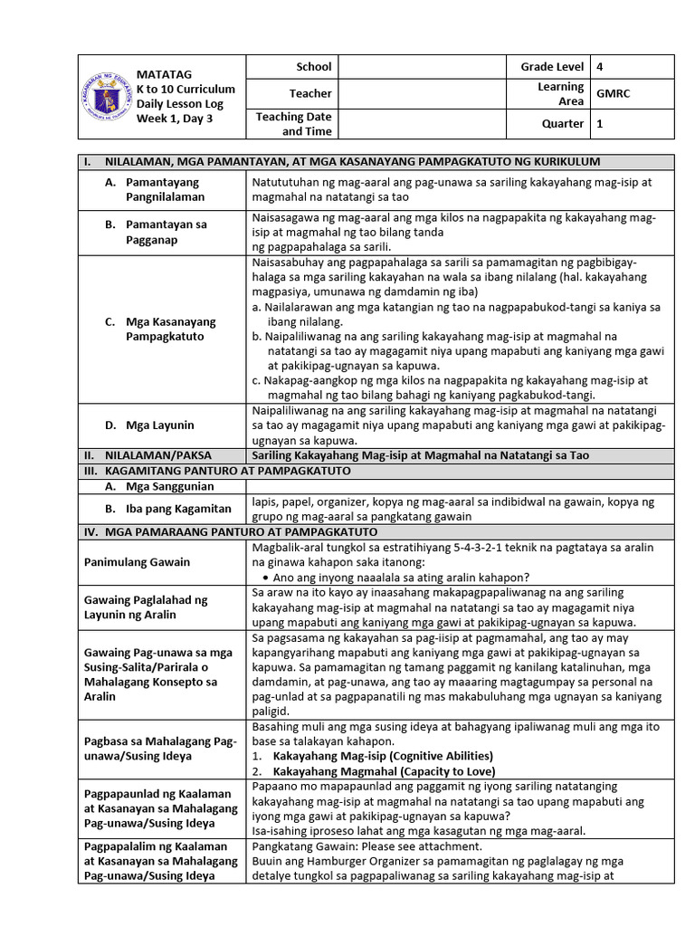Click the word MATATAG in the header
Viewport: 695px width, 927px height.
164,74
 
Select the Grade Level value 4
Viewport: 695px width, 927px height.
600,67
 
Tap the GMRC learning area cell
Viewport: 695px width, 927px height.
612,93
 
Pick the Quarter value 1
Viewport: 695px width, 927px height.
600,125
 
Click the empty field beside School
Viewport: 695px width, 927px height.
422,67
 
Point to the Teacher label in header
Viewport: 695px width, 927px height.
310,93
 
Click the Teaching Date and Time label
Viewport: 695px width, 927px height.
294,124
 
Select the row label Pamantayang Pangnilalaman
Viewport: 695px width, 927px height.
165,189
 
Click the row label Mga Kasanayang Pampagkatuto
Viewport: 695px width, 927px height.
165,329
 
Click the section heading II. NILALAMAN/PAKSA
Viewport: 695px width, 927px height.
155,455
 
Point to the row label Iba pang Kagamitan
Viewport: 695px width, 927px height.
178,509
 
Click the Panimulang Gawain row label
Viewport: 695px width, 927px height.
138,562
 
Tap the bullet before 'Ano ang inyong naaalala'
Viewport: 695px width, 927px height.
263,577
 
